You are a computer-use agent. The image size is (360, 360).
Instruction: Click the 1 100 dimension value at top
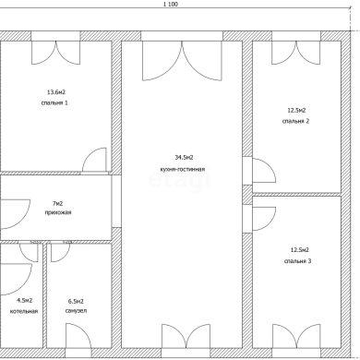click(170, 5)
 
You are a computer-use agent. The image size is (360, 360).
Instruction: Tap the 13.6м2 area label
click(56, 92)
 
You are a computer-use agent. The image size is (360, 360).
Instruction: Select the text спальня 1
click(54, 102)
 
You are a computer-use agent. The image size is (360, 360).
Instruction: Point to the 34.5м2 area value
click(184, 158)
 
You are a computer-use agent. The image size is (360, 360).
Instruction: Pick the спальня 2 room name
click(295, 121)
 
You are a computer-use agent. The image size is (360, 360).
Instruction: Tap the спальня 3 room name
click(297, 261)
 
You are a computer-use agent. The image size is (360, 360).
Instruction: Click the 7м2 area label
click(58, 203)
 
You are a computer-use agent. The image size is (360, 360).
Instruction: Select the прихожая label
click(58, 212)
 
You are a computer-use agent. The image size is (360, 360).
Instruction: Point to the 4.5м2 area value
click(25, 300)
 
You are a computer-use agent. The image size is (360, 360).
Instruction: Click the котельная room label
click(24, 311)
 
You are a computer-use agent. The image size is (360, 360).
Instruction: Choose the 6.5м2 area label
click(76, 302)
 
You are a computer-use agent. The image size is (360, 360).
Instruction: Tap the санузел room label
click(76, 311)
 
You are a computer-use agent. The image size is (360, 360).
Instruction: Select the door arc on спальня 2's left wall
click(270, 164)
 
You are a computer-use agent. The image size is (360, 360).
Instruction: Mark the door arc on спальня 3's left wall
click(270, 223)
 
